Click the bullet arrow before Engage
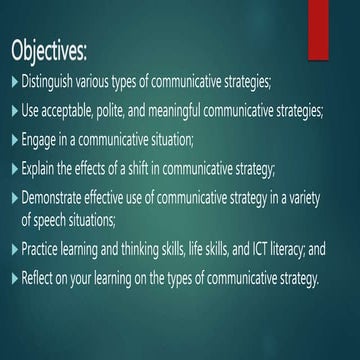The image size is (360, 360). pyautogui.click(x=13, y=138)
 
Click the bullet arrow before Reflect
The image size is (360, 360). pyautogui.click(x=13, y=278)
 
